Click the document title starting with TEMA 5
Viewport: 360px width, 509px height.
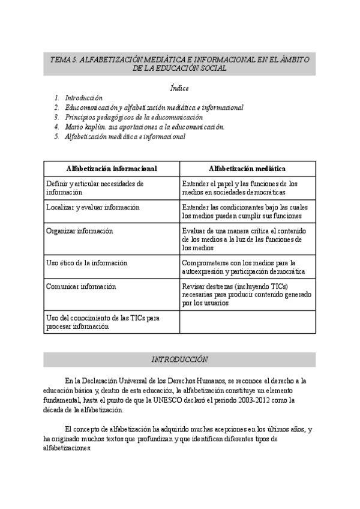(179, 64)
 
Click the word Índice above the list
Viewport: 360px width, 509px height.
(179, 88)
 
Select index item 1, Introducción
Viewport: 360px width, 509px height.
(83, 97)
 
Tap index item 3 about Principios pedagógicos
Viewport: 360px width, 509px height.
(133, 117)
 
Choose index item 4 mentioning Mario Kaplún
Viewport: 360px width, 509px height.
(144, 127)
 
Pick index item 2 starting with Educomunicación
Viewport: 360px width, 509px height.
(154, 107)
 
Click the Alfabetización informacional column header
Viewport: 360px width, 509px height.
(112, 169)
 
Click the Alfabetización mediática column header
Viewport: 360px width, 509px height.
(247, 169)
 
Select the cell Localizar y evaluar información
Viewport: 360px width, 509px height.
(92, 207)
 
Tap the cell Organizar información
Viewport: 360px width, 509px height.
(79, 230)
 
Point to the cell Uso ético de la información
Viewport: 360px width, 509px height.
(86, 263)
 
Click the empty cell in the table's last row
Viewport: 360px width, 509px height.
(247, 321)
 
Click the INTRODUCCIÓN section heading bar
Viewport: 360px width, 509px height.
(179, 360)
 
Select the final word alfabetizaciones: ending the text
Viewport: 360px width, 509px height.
(67, 448)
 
